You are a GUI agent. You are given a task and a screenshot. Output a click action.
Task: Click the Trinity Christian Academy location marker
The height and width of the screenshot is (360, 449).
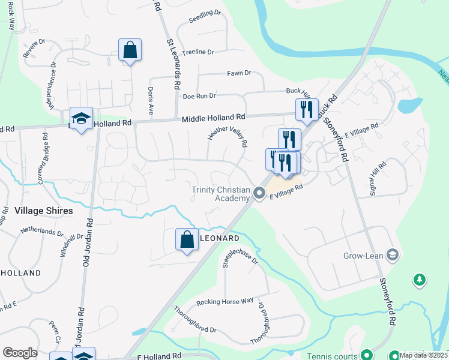[x=259, y=193]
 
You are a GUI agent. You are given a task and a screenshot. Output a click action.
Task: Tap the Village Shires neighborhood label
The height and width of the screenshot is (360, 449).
[x=43, y=211]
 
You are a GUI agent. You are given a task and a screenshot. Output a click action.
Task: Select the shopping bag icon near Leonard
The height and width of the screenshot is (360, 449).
[x=187, y=239]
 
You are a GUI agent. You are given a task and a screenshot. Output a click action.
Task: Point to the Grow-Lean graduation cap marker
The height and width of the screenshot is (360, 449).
[x=393, y=255]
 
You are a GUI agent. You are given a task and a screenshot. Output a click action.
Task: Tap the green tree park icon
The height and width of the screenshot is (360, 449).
[x=420, y=280]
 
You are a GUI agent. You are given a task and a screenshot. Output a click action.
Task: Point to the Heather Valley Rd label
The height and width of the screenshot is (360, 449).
[x=228, y=137]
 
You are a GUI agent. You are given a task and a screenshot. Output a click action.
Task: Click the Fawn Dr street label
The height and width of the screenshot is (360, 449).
[x=238, y=73]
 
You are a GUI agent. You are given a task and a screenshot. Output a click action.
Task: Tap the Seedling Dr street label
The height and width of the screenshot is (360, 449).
[x=205, y=16]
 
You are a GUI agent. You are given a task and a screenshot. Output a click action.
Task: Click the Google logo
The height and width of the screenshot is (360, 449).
[x=20, y=353]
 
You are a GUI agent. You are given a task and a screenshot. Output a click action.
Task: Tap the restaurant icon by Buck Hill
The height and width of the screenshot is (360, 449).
[x=306, y=109]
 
